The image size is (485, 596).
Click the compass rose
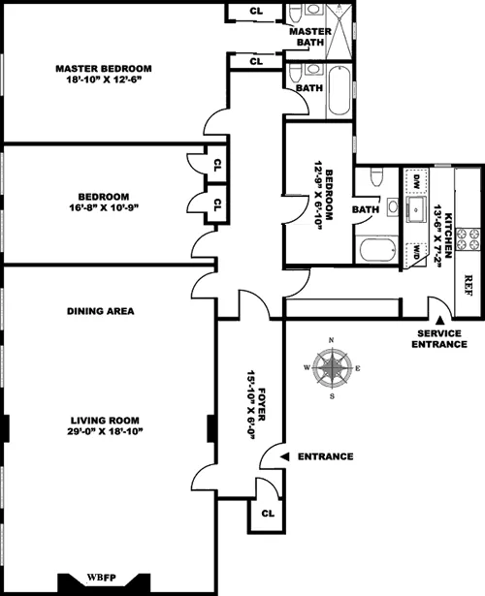(x=333, y=368)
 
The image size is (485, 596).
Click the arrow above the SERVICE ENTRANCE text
(x=437, y=320)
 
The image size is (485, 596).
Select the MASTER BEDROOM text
(x=103, y=68)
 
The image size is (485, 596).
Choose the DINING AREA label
(x=100, y=311)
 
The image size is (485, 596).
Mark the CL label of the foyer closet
(x=268, y=512)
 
